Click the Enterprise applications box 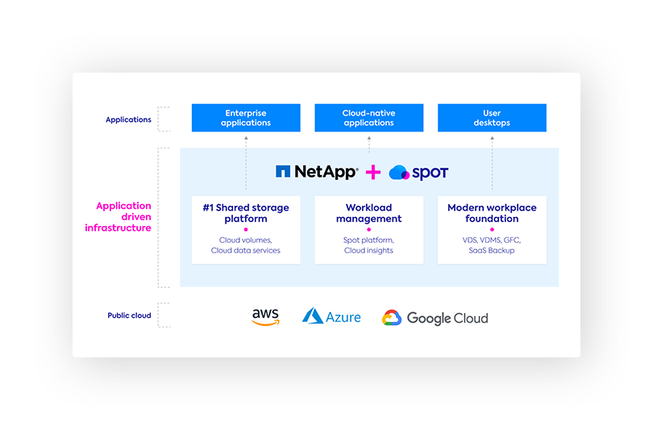click(246, 118)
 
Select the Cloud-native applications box click(368, 118)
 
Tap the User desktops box click(492, 118)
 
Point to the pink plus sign click(373, 172)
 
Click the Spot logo click(418, 173)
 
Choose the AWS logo click(265, 317)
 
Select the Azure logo click(331, 317)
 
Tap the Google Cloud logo click(435, 318)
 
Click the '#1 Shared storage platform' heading click(246, 213)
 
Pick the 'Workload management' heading click(368, 213)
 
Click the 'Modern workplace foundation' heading click(492, 213)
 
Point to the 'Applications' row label click(128, 119)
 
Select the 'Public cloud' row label click(129, 315)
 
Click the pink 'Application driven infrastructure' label click(119, 217)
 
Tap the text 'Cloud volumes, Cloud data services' click(246, 245)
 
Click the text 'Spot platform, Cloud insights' click(368, 245)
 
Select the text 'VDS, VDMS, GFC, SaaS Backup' click(492, 245)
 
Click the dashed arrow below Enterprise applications click(246, 161)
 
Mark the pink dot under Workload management click(368, 230)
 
